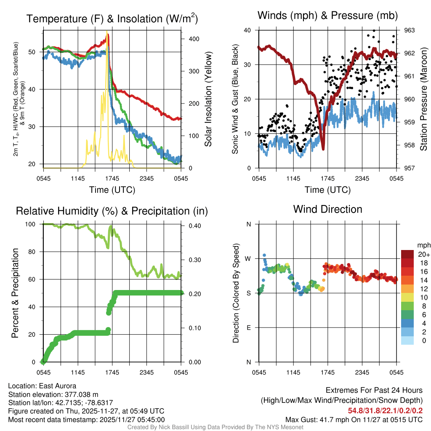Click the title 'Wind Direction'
(x=327, y=209)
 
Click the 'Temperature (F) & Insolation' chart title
(x=112, y=19)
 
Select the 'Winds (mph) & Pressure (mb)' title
(x=327, y=16)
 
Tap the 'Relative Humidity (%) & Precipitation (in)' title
(x=112, y=211)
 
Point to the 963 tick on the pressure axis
(x=410, y=30)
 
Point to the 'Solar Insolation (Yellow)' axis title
(x=208, y=99)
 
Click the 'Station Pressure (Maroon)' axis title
(x=423, y=99)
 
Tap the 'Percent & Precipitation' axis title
(x=15, y=293)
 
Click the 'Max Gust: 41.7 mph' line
(x=354, y=419)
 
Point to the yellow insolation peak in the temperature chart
(x=107, y=32)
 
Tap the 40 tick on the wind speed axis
(x=248, y=30)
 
